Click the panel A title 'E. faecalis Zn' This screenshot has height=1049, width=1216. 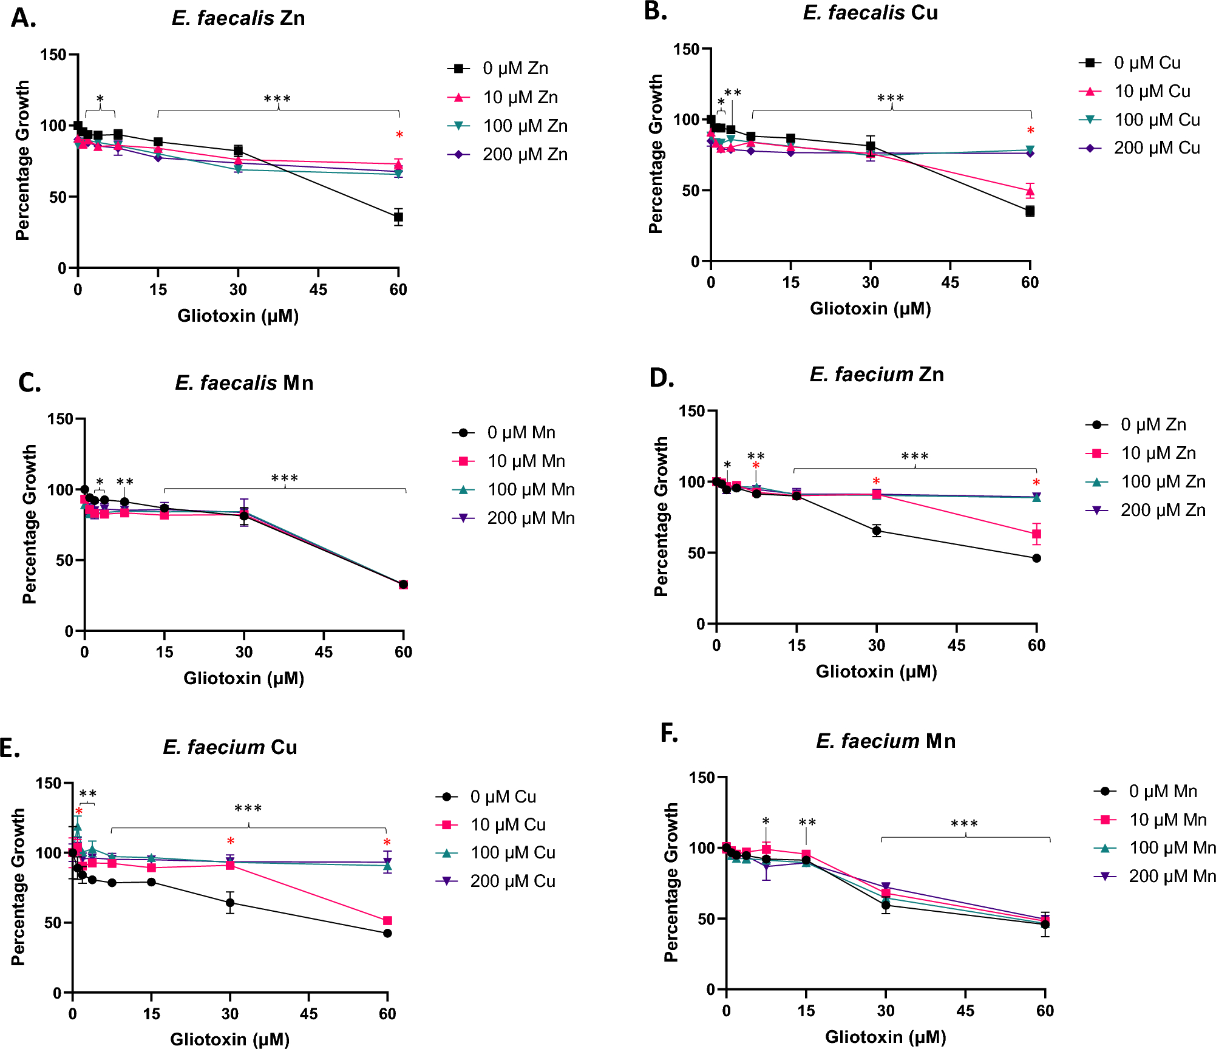pyautogui.click(x=238, y=18)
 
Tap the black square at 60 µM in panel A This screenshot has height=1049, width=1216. pyautogui.click(x=398, y=217)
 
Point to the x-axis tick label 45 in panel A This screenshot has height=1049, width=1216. pyautogui.click(x=318, y=290)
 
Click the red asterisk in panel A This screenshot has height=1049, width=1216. pyautogui.click(x=399, y=135)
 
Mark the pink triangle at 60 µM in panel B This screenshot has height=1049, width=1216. pyautogui.click(x=1030, y=192)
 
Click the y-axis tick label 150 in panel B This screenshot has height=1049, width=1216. pyautogui.click(x=686, y=49)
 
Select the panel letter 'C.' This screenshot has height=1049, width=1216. pyautogui.click(x=29, y=383)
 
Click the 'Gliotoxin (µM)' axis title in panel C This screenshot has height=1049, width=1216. pyautogui.click(x=244, y=678)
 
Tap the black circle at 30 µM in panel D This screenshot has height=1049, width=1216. pyautogui.click(x=877, y=531)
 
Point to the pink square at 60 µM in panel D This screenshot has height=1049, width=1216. pyautogui.click(x=1036, y=534)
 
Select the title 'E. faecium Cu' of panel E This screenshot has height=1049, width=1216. pyautogui.click(x=230, y=747)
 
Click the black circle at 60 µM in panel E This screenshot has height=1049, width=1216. pyautogui.click(x=387, y=933)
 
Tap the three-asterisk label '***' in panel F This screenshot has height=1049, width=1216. pyautogui.click(x=964, y=824)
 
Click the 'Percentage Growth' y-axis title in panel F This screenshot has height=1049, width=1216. pyautogui.click(x=671, y=883)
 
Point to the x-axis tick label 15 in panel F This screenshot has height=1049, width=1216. pyautogui.click(x=806, y=1011)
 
